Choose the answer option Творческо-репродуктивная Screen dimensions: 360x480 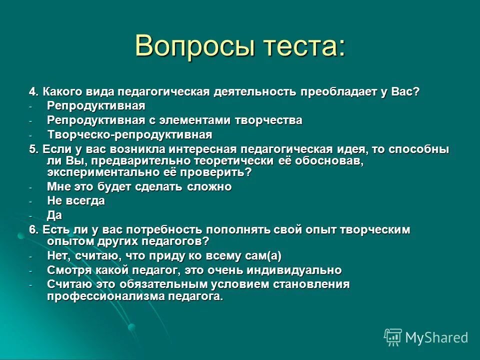(x=130, y=134)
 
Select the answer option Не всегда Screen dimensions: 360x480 (x=76, y=200)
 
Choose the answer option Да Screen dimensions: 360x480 (x=54, y=215)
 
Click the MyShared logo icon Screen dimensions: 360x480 (x=393, y=336)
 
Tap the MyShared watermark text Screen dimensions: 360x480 (x=436, y=337)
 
